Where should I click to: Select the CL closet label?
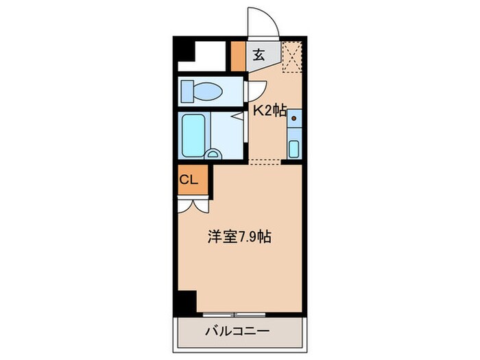pyautogui.click(x=189, y=180)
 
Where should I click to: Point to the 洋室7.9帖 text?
pyautogui.click(x=239, y=237)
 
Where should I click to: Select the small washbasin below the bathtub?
pyautogui.click(x=213, y=155)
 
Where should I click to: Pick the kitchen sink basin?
pyautogui.click(x=294, y=147)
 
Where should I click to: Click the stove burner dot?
pyautogui.click(x=294, y=119)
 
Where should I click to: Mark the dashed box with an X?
pyautogui.click(x=293, y=56)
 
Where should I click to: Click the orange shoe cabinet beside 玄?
pyautogui.click(x=237, y=57)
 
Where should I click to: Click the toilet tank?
pyautogui.click(x=187, y=90)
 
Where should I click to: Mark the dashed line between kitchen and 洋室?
pyautogui.click(x=266, y=161)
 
